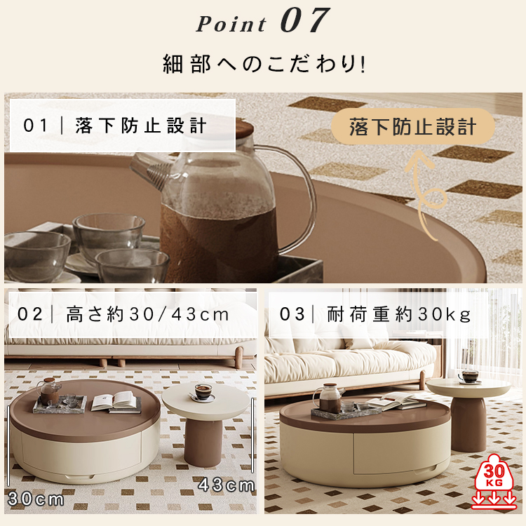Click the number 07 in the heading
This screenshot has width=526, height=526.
click(304, 20)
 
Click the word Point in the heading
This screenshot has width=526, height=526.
click(231, 24)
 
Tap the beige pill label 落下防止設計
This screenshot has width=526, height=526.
click(412, 127)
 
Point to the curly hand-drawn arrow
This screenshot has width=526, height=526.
click(425, 195)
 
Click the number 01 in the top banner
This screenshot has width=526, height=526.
click(35, 126)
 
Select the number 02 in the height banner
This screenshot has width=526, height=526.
click(30, 315)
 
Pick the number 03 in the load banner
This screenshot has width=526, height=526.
click(292, 315)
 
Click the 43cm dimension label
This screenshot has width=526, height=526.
click(226, 485)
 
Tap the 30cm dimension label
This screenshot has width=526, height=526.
click(36, 499)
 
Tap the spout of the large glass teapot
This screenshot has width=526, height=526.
click(149, 171)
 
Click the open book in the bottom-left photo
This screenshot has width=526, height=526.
click(116, 402)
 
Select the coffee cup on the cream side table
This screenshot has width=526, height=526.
click(203, 393)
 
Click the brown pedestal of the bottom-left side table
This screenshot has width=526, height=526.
click(203, 442)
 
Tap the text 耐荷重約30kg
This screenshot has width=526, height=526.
click(399, 315)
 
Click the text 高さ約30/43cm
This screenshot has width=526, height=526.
click(147, 315)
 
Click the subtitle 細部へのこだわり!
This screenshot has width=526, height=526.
click(264, 64)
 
